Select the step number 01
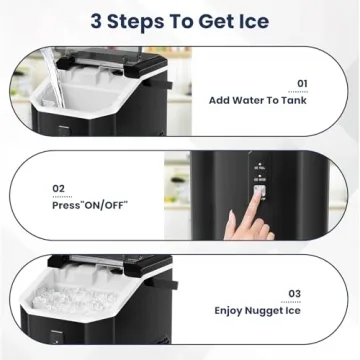coord(301,85)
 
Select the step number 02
coord(59,187)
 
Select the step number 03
coord(293,292)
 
